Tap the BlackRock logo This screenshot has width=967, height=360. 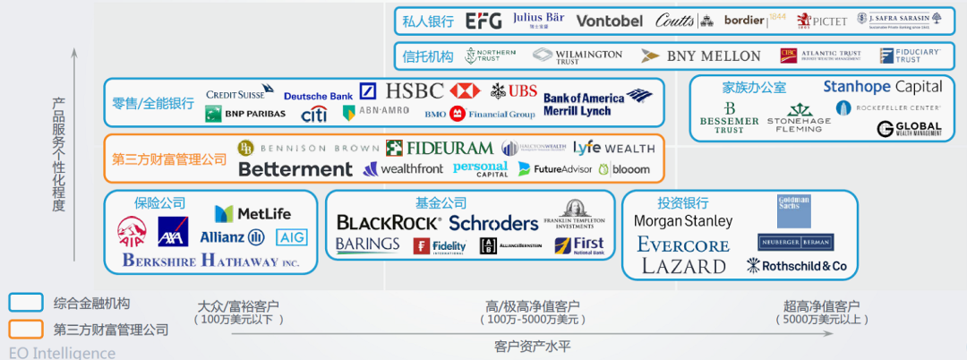point(389,222)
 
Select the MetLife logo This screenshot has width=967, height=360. point(252,214)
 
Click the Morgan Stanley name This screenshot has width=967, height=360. point(683,220)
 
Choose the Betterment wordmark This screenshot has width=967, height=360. point(295,168)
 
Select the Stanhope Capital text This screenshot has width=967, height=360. point(883,87)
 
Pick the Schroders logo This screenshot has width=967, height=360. point(493,223)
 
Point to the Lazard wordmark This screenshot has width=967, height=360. point(682,266)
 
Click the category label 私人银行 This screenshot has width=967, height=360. point(428,21)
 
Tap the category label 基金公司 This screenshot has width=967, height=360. point(441,203)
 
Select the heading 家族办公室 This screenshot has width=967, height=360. point(754,88)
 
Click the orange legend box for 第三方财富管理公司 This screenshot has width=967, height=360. point(27,329)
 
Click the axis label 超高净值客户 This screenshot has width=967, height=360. point(821,306)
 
